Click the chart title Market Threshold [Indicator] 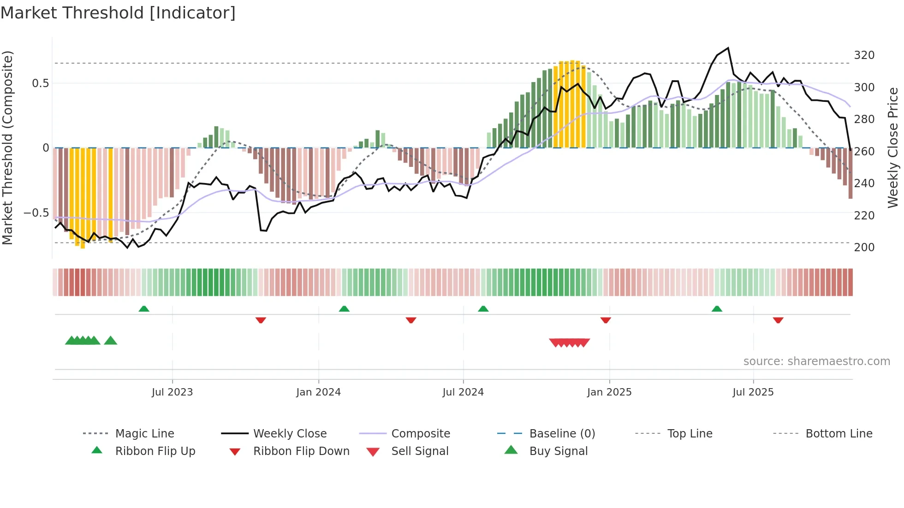click(118, 13)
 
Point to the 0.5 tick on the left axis click(40, 83)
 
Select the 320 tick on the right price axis click(864, 55)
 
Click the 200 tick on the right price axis click(864, 248)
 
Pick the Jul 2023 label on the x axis click(172, 392)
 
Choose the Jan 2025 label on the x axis click(609, 392)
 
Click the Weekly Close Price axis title click(893, 148)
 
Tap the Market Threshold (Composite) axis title click(7, 148)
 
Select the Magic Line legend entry click(144, 434)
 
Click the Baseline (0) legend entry click(562, 434)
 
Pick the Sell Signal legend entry click(419, 451)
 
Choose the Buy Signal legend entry click(558, 451)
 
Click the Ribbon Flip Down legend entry click(301, 451)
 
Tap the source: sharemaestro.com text click(816, 361)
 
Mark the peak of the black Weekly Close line click(728, 48)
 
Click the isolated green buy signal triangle click(111, 341)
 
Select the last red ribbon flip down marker click(778, 320)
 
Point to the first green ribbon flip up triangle click(144, 309)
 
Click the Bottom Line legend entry click(839, 434)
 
